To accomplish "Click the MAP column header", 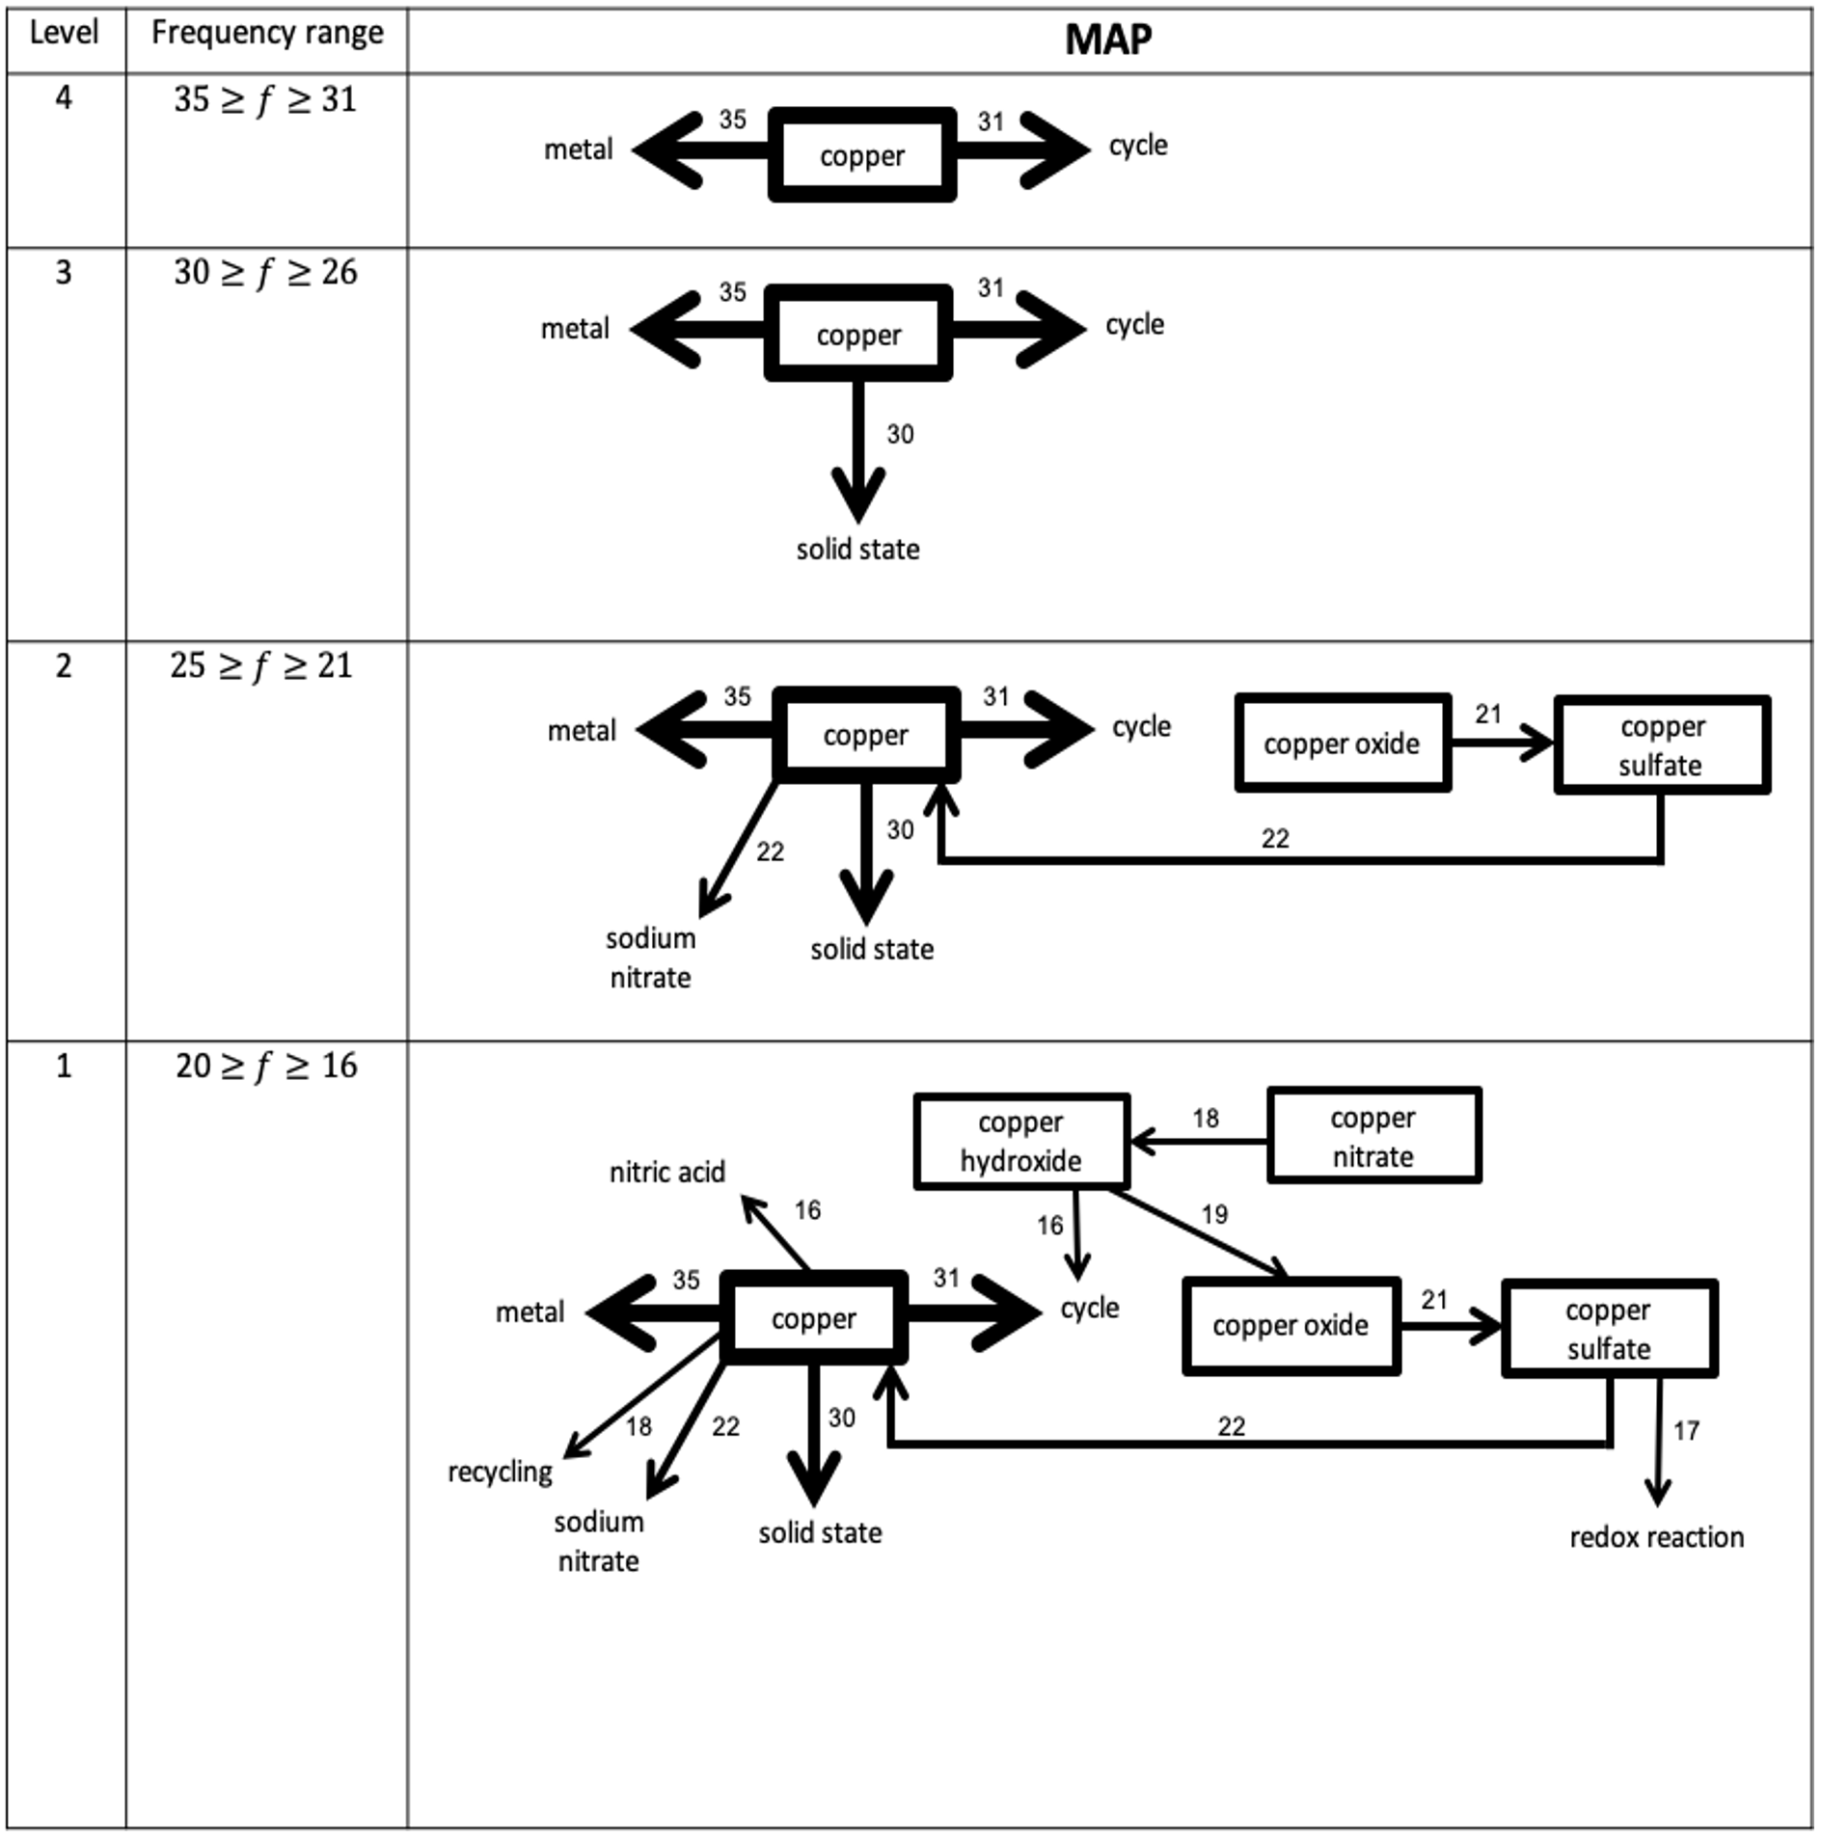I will coord(1108,40).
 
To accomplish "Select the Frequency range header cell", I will coord(267,34).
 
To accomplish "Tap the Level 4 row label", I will coord(64,97).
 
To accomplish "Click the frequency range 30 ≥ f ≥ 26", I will coord(265,273).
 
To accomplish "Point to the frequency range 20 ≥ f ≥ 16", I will coord(266,1066).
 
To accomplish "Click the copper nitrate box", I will coord(1373,1136).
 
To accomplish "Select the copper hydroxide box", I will coord(1021,1141).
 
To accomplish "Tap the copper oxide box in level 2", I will coord(1343,743).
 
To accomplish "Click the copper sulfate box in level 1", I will coord(1609,1329).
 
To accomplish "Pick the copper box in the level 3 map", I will coord(858,335).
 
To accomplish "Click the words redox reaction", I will coord(1656,1537).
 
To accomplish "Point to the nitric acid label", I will coord(666,1173).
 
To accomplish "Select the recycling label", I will coord(500,1473).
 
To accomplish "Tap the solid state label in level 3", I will coord(857,550).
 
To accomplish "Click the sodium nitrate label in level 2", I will coord(650,958).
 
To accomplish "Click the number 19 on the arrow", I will coord(1214,1215).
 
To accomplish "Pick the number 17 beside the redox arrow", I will coord(1686,1431).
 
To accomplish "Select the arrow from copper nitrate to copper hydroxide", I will coord(1199,1142).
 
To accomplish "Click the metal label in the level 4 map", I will coord(578,150).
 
